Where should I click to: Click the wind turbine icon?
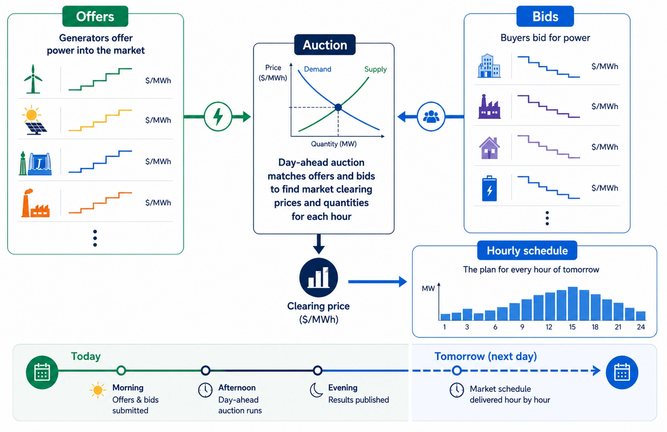[x=33, y=79]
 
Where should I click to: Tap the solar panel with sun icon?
[x=33, y=121]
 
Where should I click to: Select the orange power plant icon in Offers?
[x=35, y=203]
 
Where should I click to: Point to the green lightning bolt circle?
[x=218, y=116]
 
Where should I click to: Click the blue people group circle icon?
[x=431, y=116]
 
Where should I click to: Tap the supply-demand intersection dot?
[x=338, y=107]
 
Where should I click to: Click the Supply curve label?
[x=375, y=69]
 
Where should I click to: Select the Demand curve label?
[x=317, y=69]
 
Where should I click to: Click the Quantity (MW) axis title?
[x=333, y=144]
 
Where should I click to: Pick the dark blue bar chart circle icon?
[x=319, y=278]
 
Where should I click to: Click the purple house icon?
[x=489, y=148]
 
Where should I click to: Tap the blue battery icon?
[x=489, y=188]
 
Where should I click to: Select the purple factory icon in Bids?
[x=489, y=107]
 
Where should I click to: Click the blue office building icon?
[x=489, y=66]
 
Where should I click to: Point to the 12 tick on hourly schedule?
[x=548, y=327]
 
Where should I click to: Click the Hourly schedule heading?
[x=527, y=251]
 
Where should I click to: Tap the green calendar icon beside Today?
[x=42, y=372]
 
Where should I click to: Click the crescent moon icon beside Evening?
[x=316, y=390]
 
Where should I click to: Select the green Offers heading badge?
[x=95, y=17]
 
